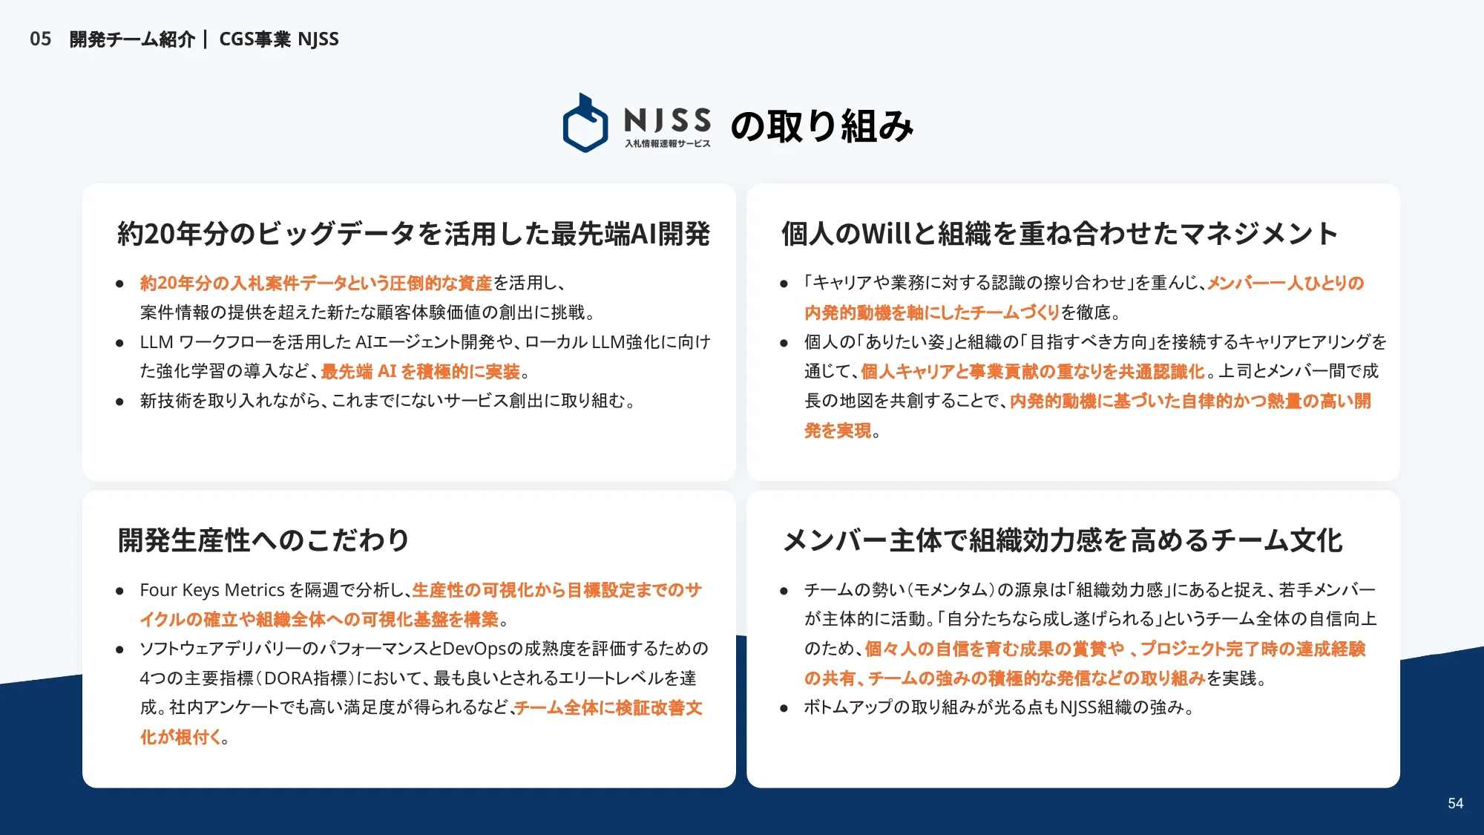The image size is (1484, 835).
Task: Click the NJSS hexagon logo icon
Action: coord(585,124)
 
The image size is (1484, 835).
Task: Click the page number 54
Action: coord(1455,803)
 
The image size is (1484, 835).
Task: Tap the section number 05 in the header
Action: coord(41,39)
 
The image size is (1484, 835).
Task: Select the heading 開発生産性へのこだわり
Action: coord(263,540)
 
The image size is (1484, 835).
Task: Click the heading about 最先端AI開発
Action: coord(413,234)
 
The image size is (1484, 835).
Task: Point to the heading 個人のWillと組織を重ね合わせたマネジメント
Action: coord(1059,234)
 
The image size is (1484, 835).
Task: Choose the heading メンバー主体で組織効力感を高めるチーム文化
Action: coord(1063,540)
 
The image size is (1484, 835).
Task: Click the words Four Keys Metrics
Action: coord(212,590)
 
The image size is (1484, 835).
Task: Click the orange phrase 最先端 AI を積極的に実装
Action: coord(421,371)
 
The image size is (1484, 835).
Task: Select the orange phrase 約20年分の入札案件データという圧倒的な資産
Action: coord(316,283)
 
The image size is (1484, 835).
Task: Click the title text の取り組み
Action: coord(822,125)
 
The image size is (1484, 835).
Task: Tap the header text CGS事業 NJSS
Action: coord(279,39)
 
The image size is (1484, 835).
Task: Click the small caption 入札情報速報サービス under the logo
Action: coord(667,144)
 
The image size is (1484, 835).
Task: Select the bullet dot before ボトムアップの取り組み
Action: coord(784,708)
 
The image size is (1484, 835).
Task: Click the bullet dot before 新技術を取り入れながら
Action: coord(119,402)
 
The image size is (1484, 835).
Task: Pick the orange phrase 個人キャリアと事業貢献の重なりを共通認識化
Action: coord(1033,371)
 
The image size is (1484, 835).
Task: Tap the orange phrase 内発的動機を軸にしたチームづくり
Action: coord(932,312)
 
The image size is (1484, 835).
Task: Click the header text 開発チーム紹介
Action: coord(132,39)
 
